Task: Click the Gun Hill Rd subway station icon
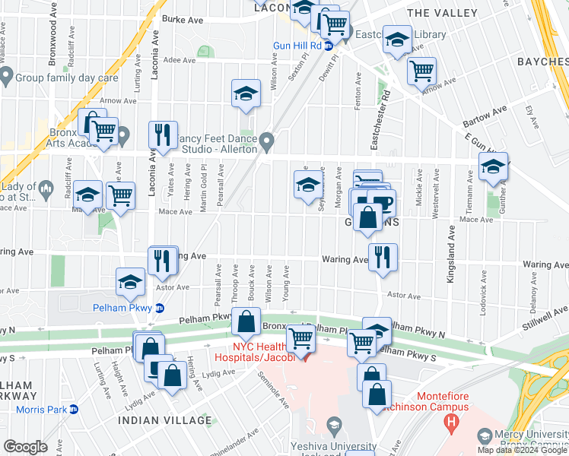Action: coord(329,46)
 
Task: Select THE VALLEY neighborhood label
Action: coord(443,14)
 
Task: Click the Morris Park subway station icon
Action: coord(74,410)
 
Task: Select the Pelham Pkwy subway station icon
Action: coord(159,309)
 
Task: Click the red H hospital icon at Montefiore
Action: coord(453,420)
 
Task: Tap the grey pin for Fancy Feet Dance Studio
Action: coord(266,141)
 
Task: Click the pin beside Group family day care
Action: coord(7,76)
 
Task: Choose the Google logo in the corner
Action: coord(25,447)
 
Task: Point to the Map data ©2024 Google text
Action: coord(522,450)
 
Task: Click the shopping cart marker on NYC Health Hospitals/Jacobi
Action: coord(301,338)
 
